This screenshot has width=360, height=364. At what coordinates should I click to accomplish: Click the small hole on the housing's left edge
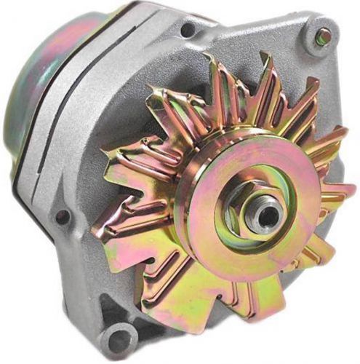[x=63, y=216]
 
